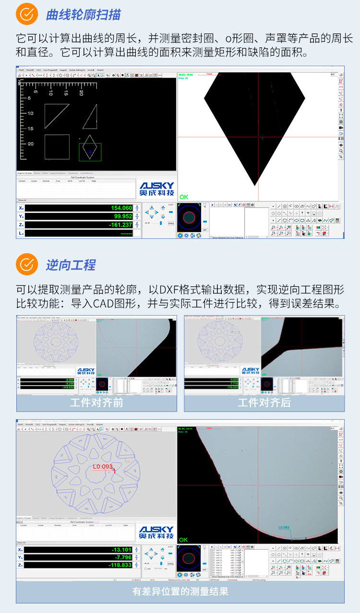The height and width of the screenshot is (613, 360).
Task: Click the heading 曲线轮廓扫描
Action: click(83, 15)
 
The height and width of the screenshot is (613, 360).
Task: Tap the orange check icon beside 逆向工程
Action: click(27, 265)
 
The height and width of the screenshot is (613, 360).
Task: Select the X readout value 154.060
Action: click(121, 208)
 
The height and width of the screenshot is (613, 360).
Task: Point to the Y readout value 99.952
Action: click(122, 216)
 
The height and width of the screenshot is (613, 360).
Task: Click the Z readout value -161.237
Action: click(120, 224)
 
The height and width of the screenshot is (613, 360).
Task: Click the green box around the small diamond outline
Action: click(90, 152)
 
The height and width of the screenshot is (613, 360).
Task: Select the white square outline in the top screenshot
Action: click(57, 147)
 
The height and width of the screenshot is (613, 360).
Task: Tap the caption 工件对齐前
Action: click(96, 402)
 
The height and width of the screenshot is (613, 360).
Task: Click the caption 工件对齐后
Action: click(264, 402)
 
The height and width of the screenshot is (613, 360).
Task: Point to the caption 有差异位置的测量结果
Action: click(180, 591)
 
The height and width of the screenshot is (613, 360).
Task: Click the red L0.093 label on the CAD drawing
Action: click(103, 466)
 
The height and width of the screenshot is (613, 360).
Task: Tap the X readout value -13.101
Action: click(121, 549)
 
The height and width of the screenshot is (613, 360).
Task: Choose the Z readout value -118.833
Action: click(121, 565)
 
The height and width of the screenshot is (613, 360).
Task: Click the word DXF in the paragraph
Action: click(169, 290)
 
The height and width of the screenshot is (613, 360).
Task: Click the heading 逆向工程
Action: click(71, 265)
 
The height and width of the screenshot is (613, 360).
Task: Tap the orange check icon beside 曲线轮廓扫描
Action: click(27, 15)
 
